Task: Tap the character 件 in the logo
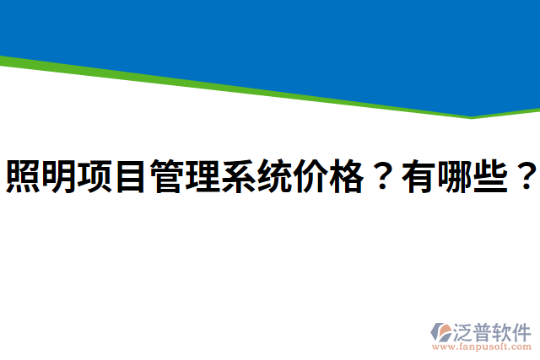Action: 522,330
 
